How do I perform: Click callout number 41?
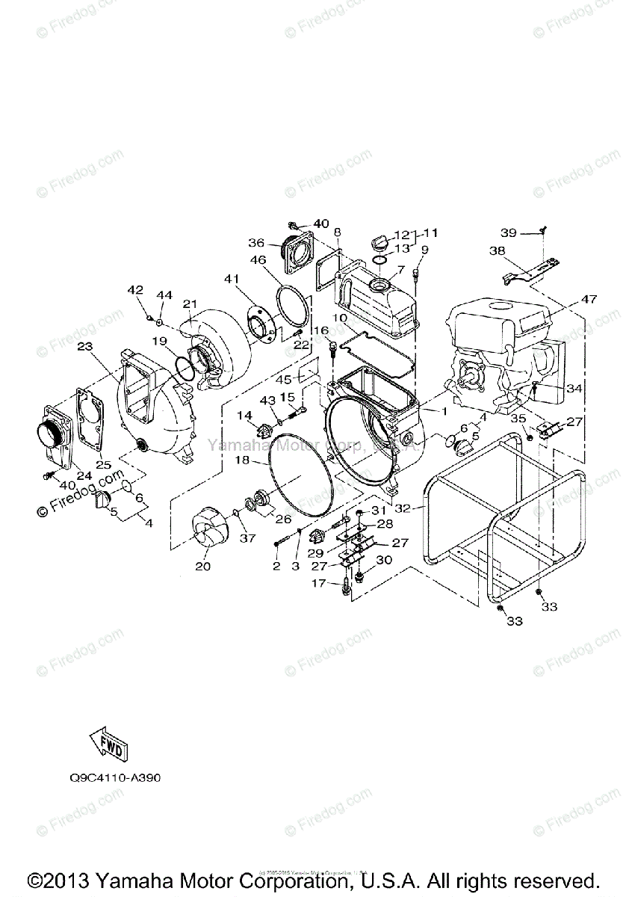pos(230,279)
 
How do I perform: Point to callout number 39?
pos(509,233)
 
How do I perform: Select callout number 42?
pos(135,290)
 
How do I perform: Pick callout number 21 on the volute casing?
pos(190,303)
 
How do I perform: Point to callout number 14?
pos(244,415)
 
